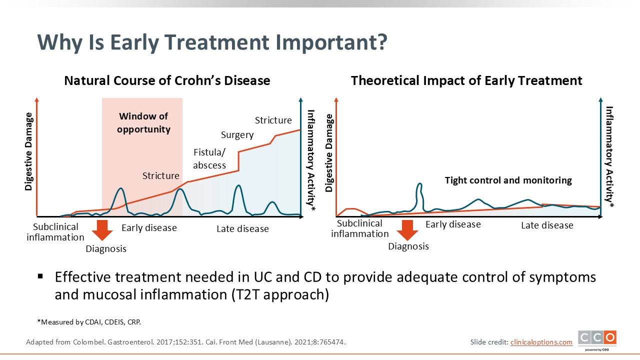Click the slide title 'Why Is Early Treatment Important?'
pyautogui.click(x=212, y=42)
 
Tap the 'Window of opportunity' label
pyautogui.click(x=143, y=123)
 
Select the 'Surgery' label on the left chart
pyautogui.click(x=237, y=135)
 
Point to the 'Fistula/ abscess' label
pyautogui.click(x=209, y=159)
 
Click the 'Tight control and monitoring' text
pyautogui.click(x=508, y=180)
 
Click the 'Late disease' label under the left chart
pyautogui.click(x=242, y=229)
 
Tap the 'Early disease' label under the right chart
pyautogui.click(x=453, y=224)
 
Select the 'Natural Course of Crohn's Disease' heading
pyautogui.click(x=167, y=80)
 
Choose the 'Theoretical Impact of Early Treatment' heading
pyautogui.click(x=466, y=80)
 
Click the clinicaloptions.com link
pyautogui.click(x=541, y=342)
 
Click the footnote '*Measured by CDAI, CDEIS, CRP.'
pyautogui.click(x=89, y=322)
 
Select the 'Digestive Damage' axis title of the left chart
pyautogui.click(x=28, y=152)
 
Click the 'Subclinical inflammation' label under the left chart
pyautogui.click(x=55, y=232)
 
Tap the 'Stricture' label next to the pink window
pyautogui.click(x=160, y=176)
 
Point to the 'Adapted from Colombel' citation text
pyautogui.click(x=185, y=342)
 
